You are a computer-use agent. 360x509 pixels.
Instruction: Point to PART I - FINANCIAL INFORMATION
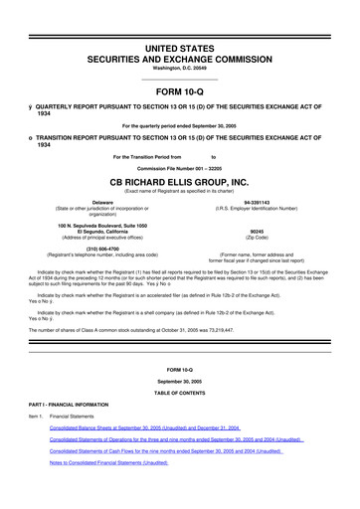60,404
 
